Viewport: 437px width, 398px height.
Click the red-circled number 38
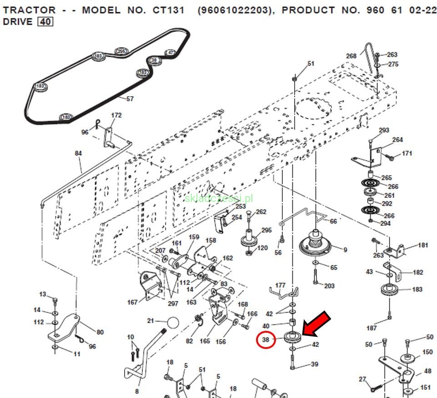tap(266, 339)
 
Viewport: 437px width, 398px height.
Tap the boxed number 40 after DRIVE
tap(45, 21)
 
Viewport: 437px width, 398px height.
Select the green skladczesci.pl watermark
tap(219, 198)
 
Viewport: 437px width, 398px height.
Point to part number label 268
tap(351, 56)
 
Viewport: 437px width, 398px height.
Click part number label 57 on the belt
tap(130, 98)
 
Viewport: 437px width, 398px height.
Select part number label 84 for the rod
tap(78, 153)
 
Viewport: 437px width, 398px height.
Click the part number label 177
tap(280, 285)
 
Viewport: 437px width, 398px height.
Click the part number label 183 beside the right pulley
tap(417, 289)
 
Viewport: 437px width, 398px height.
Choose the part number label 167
tap(132, 302)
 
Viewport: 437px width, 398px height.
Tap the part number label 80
tap(100, 332)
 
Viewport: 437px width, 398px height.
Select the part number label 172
tap(116, 115)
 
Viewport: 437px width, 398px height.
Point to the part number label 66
tap(333, 221)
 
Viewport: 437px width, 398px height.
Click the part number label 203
tap(329, 286)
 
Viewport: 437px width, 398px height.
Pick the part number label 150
tap(427, 352)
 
